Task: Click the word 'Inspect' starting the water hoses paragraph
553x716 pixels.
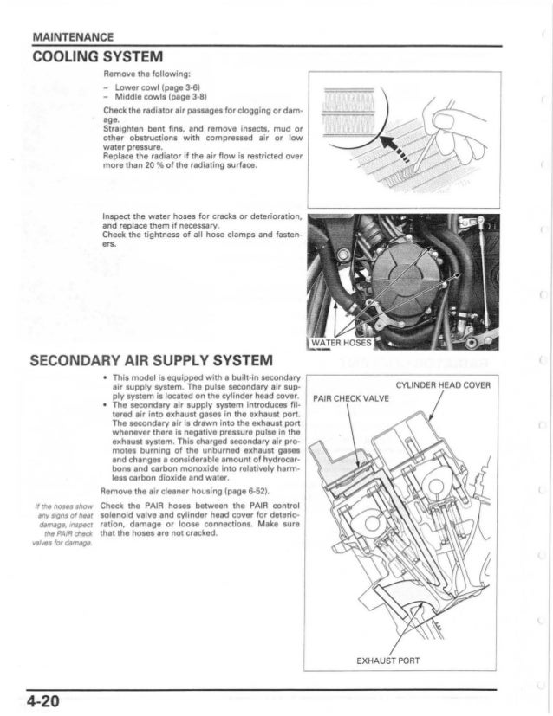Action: coord(117,215)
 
